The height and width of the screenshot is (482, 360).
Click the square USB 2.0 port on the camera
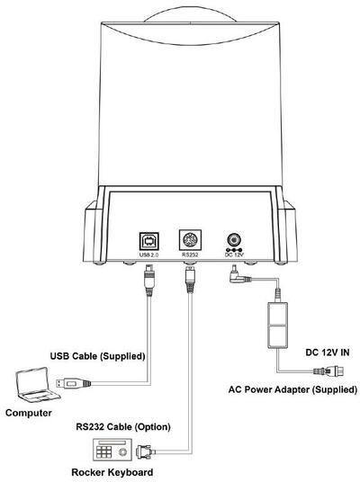(x=149, y=241)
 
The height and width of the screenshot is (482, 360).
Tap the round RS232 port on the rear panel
(x=190, y=239)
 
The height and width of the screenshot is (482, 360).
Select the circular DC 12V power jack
(x=234, y=240)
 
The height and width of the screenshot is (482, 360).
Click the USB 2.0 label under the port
(x=148, y=254)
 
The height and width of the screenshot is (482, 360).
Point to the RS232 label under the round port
(x=190, y=254)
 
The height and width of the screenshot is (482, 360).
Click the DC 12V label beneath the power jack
(x=234, y=254)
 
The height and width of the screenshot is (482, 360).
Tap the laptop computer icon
(x=38, y=384)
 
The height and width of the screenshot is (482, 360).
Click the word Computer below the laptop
(x=29, y=413)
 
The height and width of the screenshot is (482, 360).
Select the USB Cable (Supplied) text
(x=97, y=356)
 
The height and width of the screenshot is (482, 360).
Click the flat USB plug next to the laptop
(x=73, y=383)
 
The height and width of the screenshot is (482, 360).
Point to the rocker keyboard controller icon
(x=112, y=451)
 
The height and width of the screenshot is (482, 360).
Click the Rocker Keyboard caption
(x=112, y=472)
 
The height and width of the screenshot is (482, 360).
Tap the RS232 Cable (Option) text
(x=123, y=427)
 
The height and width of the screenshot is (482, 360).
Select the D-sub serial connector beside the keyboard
(x=145, y=451)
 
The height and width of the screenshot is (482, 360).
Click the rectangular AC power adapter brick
(x=278, y=326)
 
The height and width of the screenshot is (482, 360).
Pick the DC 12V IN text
(x=328, y=353)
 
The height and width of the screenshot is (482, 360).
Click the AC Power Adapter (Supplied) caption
(x=292, y=389)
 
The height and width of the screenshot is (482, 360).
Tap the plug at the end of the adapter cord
(x=328, y=371)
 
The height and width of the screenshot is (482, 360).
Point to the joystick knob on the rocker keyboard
(x=122, y=452)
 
